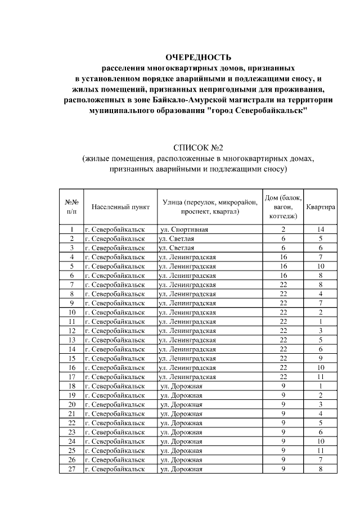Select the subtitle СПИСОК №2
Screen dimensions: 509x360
click(198, 148)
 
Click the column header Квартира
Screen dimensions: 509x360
click(321, 207)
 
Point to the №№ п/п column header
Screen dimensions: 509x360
click(71, 207)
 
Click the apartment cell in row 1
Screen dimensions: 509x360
click(320, 229)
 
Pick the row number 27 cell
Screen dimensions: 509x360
click(71, 469)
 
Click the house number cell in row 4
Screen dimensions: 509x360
click(283, 257)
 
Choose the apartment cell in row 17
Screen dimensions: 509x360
click(320, 377)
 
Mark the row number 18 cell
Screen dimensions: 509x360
click(71, 386)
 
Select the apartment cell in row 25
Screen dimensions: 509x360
click(320, 451)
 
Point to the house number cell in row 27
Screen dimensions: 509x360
click(283, 469)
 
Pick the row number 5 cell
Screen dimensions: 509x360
click(71, 266)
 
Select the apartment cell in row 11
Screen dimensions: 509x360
click(320, 322)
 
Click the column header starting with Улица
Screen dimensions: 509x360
click(210, 207)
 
